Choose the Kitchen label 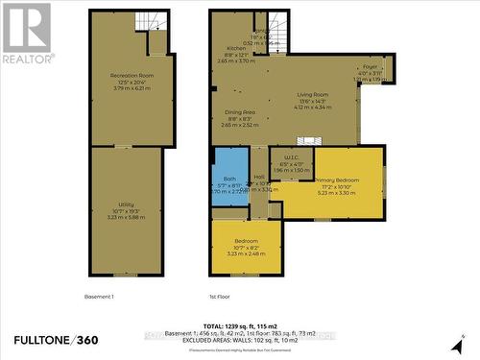(x=236, y=48)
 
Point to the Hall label (x=259, y=178)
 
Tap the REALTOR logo (x=26, y=33)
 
